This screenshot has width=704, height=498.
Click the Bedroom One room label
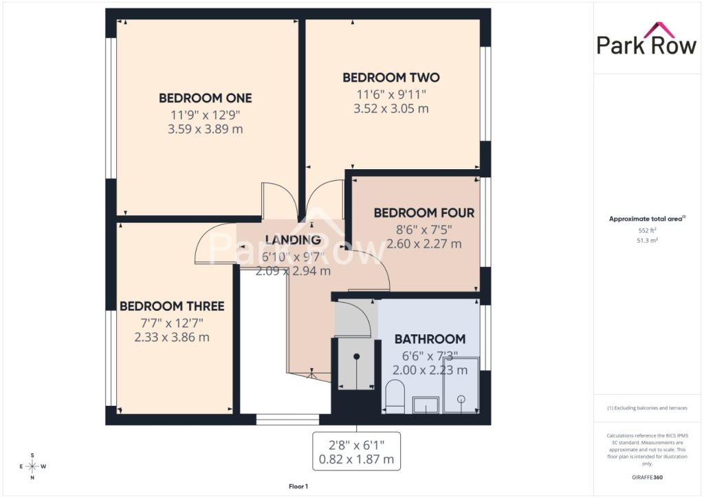pyautogui.click(x=205, y=98)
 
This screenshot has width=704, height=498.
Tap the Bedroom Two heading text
pyautogui.click(x=391, y=77)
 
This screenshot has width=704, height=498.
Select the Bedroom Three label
pyautogui.click(x=172, y=306)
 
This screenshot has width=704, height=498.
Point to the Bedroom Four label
pyautogui.click(x=424, y=213)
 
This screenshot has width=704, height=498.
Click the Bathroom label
pyautogui.click(x=430, y=339)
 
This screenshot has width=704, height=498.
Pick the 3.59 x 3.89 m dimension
pyautogui.click(x=205, y=129)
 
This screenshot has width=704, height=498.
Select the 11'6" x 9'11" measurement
pyautogui.click(x=391, y=95)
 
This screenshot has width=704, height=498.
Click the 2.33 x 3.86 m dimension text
pyautogui.click(x=172, y=337)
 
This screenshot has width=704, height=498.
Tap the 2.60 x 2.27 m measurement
pyautogui.click(x=424, y=243)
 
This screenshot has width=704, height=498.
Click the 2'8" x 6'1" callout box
pyautogui.click(x=357, y=452)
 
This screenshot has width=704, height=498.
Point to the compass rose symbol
pyautogui.click(x=32, y=466)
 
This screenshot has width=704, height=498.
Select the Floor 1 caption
pyautogui.click(x=298, y=486)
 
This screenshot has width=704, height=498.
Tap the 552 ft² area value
pyautogui.click(x=646, y=230)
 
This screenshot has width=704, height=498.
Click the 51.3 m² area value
pyautogui.click(x=647, y=241)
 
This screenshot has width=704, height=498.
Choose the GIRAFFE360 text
pyautogui.click(x=647, y=477)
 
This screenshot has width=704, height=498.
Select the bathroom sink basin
pyautogui.click(x=426, y=404)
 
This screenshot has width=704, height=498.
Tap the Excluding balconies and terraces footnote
pyautogui.click(x=647, y=408)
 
